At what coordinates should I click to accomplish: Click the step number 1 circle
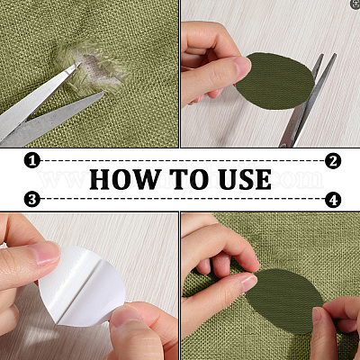tap(32, 160)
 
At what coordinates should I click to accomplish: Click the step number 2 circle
tap(333, 161)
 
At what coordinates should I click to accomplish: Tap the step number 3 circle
tap(32, 199)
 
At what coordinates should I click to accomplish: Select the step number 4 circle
tap(333, 200)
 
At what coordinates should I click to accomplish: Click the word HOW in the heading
tap(125, 179)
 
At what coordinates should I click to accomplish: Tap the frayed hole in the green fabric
tap(96, 70)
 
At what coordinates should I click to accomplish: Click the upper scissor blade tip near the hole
tap(80, 63)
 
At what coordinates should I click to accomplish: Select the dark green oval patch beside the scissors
tap(275, 81)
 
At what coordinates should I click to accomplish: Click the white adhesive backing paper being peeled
tap(83, 285)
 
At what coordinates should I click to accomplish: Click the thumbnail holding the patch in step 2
tap(242, 65)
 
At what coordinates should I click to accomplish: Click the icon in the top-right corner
tap(355, 4)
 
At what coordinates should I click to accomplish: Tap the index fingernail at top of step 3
tap(48, 253)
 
